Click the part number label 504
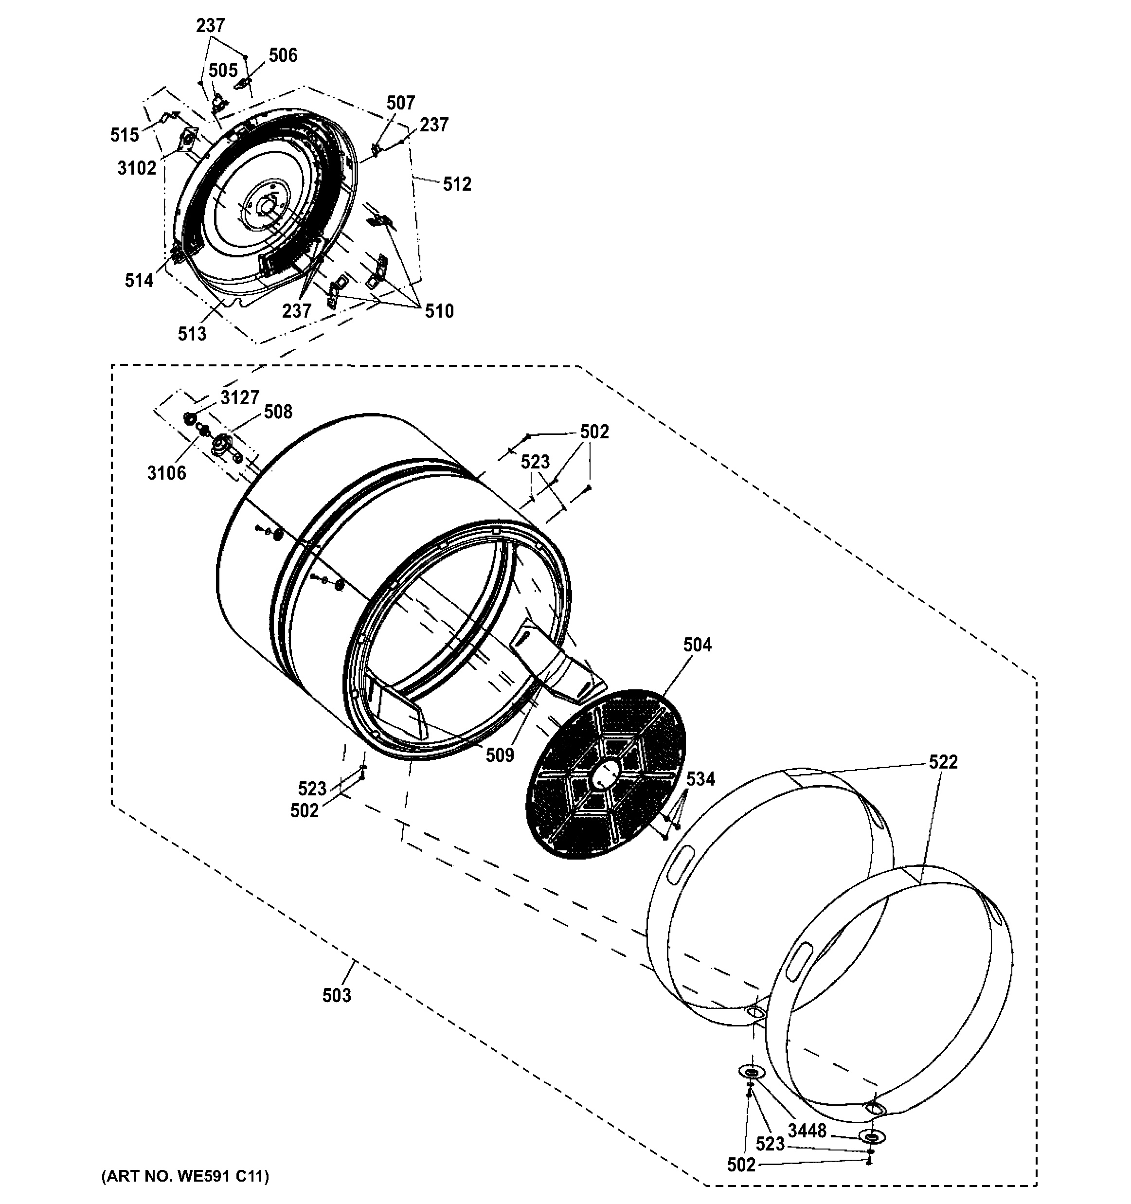[x=697, y=645]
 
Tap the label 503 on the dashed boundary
[x=337, y=994]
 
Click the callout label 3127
[x=240, y=397]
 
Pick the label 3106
[x=166, y=472]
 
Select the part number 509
[x=500, y=755]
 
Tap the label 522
[x=943, y=762]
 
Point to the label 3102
[x=137, y=168]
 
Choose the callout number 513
[x=192, y=333]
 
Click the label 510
[x=438, y=311]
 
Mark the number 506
[x=283, y=55]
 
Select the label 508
[x=278, y=412]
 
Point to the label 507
[x=400, y=103]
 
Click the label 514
[x=139, y=280]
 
